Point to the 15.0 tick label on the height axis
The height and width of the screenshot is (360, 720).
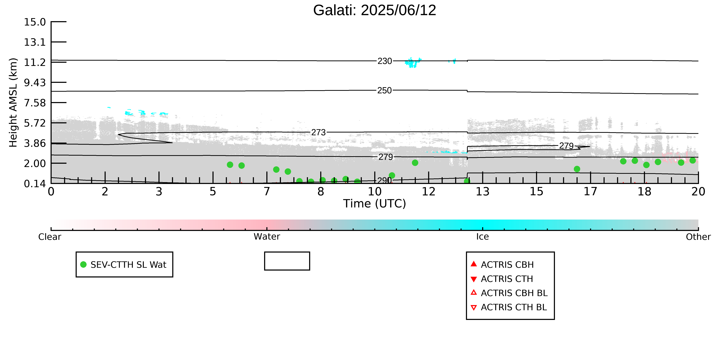click(35, 22)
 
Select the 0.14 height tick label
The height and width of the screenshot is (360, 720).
click(35, 184)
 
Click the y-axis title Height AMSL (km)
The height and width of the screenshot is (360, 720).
click(13, 103)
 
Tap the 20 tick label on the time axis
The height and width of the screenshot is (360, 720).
click(698, 192)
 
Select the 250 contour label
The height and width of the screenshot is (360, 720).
click(385, 90)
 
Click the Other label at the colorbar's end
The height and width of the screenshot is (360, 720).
click(698, 237)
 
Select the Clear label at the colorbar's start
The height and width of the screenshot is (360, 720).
click(50, 237)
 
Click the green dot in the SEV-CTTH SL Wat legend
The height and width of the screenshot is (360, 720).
click(83, 264)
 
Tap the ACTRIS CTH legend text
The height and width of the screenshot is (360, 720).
click(507, 279)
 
